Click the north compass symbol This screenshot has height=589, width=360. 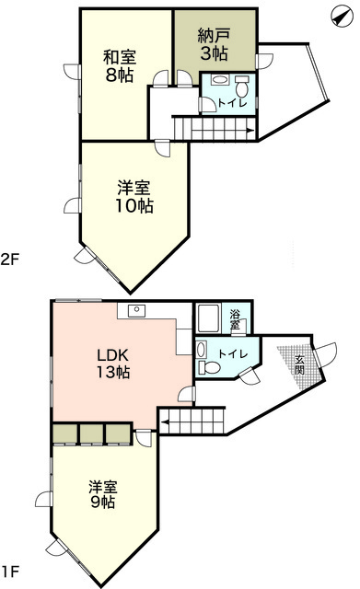click(342, 17)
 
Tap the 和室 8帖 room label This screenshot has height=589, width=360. click(120, 66)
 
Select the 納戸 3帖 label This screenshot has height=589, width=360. click(214, 45)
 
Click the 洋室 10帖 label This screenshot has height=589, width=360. click(134, 196)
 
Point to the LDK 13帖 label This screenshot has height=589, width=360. click(113, 363)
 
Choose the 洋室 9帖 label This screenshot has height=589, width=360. click(103, 494)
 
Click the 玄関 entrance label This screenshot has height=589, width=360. click(299, 364)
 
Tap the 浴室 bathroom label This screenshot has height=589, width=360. click(235, 319)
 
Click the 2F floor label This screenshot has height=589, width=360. click(10, 260)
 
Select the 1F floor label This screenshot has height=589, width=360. click(10, 572)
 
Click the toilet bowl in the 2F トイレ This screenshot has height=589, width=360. click(241, 89)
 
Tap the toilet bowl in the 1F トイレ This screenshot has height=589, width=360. click(209, 367)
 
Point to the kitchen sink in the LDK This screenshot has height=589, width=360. click(136, 310)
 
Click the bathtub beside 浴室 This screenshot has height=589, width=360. click(208, 318)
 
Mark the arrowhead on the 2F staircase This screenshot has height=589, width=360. click(250, 131)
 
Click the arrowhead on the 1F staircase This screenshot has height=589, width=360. click(165, 422)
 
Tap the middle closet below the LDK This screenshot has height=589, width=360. click(91, 434)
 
